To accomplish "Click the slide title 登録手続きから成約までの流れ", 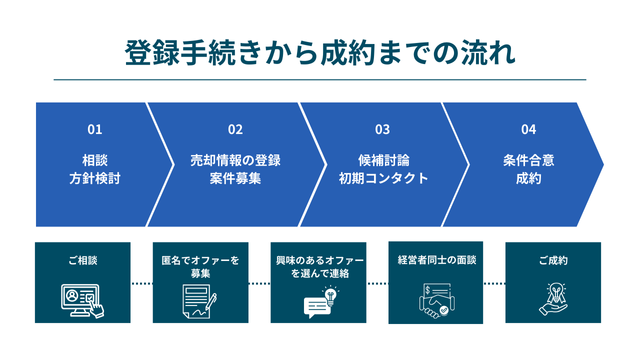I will [x=320, y=52].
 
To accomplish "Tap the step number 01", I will [x=95, y=129].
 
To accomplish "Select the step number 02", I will [x=235, y=129].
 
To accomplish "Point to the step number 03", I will [x=382, y=129].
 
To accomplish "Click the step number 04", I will [x=528, y=129].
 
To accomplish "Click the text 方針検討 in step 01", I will [x=95, y=178].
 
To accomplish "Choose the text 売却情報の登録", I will [x=235, y=159].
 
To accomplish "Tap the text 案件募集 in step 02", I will [x=235, y=178].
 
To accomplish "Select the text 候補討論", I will [x=382, y=159].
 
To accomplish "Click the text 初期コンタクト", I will [x=382, y=178].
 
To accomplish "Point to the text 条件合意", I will [x=528, y=159].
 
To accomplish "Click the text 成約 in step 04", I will [x=528, y=178].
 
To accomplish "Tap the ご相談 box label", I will [x=82, y=261].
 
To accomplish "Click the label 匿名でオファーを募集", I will [x=200, y=266].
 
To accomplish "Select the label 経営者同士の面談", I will [x=436, y=260].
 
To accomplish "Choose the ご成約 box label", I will [x=553, y=261].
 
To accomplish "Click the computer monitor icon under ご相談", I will [x=81, y=297].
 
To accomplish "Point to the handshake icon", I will [x=437, y=300].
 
